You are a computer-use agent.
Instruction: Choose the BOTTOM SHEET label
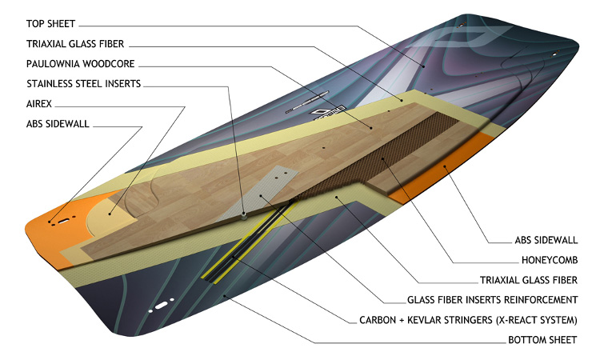pyautogui.click(x=542, y=340)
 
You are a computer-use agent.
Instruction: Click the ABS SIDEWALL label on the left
pyautogui.click(x=58, y=123)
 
